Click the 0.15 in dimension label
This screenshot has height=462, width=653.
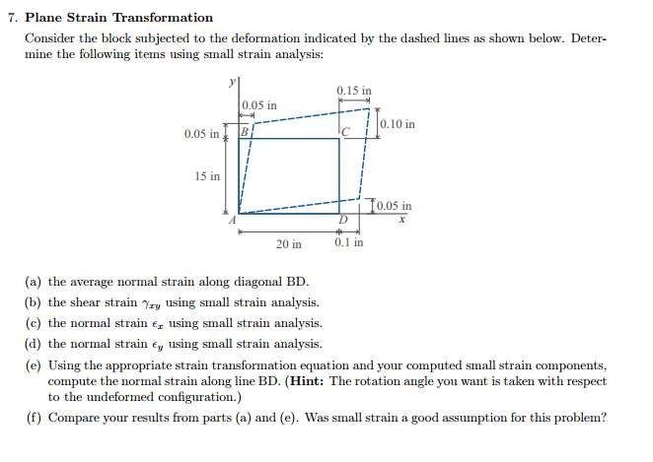click(354, 92)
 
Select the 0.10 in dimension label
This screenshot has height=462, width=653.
click(397, 125)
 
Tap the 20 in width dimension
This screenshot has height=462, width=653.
click(289, 242)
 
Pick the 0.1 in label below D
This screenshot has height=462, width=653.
click(348, 242)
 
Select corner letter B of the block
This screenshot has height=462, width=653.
click(246, 131)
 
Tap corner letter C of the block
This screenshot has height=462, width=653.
click(345, 133)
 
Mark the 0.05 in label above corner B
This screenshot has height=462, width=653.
click(259, 105)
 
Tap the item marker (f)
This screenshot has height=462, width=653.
click(33, 418)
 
